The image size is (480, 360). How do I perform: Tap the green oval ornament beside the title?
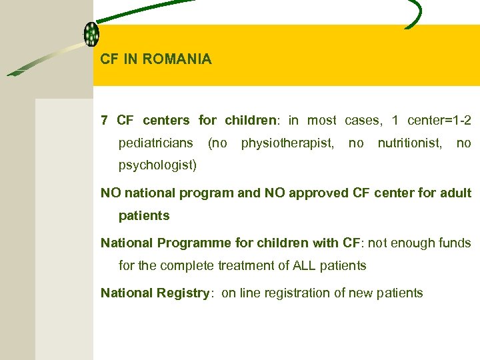pyautogui.click(x=91, y=34)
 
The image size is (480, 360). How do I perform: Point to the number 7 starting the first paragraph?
pyautogui.click(x=104, y=121)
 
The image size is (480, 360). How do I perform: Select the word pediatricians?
pyautogui.click(x=156, y=143)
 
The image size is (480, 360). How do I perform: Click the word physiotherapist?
pyautogui.click(x=287, y=143)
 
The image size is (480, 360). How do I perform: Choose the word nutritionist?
pyautogui.click(x=409, y=143)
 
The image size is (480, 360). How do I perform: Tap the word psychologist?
pyautogui.click(x=157, y=165)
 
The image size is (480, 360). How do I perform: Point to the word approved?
pyautogui.click(x=314, y=193)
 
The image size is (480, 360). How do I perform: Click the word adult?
pyautogui.click(x=455, y=193)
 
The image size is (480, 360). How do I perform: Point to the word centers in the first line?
pyautogui.click(x=166, y=121)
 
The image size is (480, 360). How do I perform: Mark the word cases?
pyautogui.click(x=362, y=121)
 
